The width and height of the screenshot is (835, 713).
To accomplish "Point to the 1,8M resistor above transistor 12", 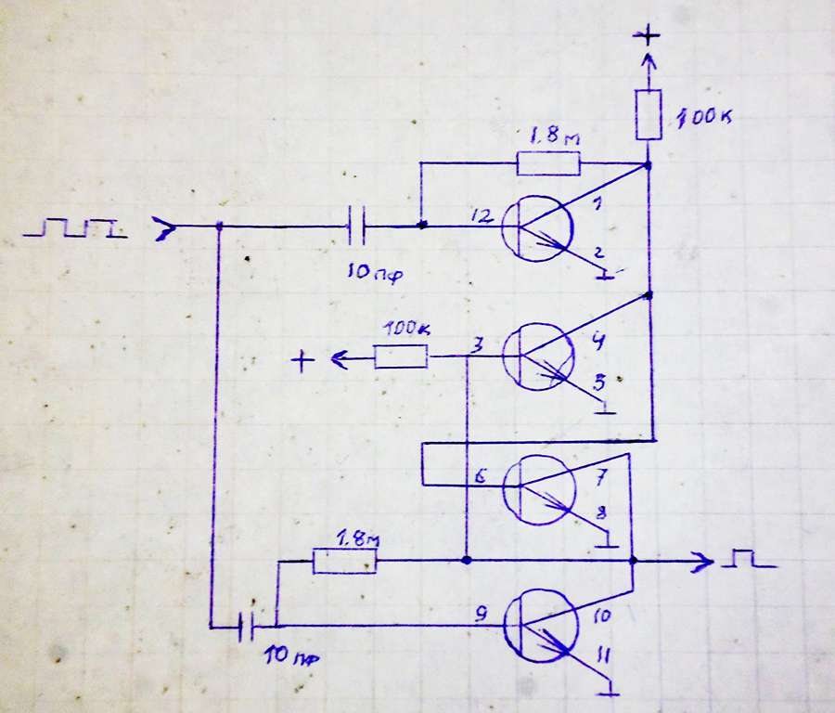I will pos(547,164).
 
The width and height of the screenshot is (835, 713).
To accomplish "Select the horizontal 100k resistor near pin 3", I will pos(401,356).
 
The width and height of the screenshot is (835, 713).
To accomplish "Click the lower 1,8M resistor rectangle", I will pos(345,562).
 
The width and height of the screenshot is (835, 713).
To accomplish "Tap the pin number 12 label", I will pos(481,216).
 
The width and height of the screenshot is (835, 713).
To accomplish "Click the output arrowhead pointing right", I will pos(705,561).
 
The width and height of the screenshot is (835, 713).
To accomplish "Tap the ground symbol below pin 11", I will pos(610,692).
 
